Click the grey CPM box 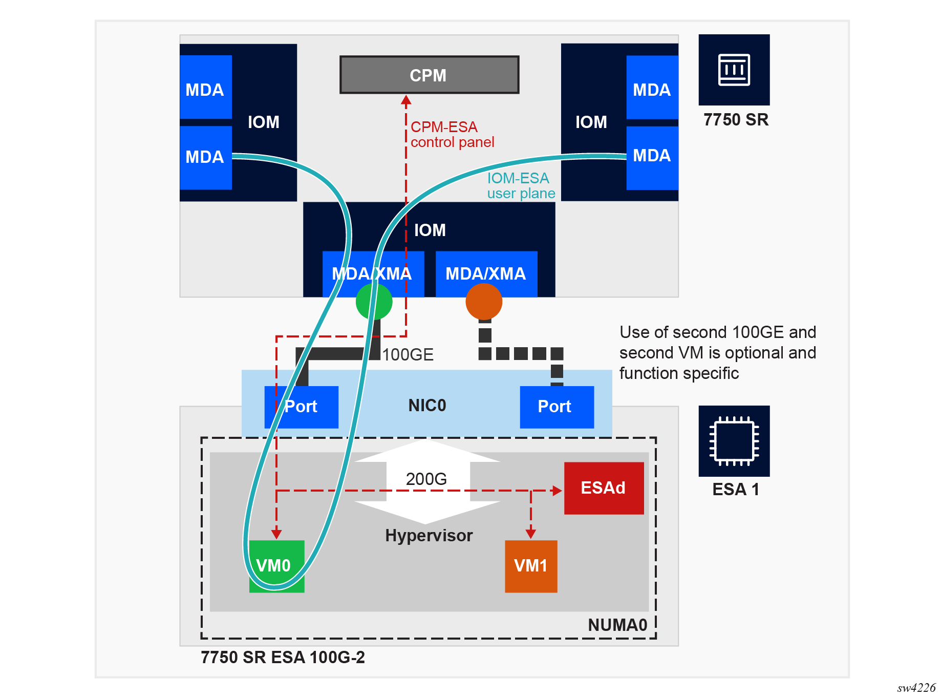[429, 75]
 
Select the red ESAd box [604, 488]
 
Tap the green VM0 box [276, 566]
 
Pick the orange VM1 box [531, 566]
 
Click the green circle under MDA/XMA [374, 302]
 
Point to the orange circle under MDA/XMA [484, 302]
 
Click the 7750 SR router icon [734, 70]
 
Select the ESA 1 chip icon [734, 441]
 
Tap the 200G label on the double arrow [426, 479]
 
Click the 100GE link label [408, 355]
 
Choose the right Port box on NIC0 [557, 407]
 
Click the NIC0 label [427, 406]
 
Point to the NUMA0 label [617, 625]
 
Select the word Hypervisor [429, 536]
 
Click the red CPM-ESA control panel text [452, 135]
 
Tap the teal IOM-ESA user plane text [521, 186]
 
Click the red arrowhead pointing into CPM [406, 100]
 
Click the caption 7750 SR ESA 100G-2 [283, 658]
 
